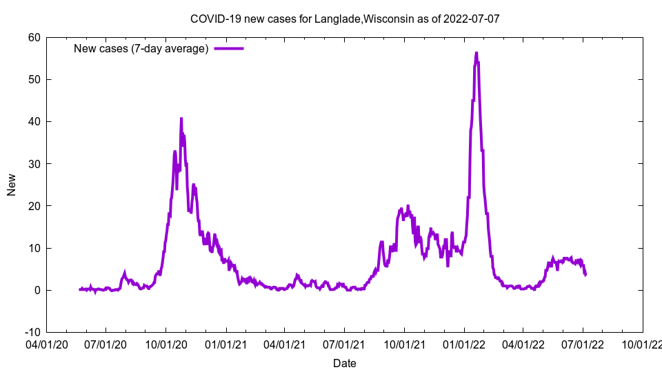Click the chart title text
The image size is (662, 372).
pyautogui.click(x=344, y=19)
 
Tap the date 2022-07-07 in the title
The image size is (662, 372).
pyautogui.click(x=472, y=19)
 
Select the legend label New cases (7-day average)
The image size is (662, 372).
pyautogui.click(x=141, y=48)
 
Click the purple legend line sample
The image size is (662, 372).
pyautogui.click(x=229, y=48)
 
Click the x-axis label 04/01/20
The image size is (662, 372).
pyautogui.click(x=46, y=342)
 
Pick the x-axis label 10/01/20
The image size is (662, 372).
pyautogui.click(x=165, y=342)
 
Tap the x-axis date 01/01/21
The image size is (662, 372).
pyautogui.click(x=225, y=342)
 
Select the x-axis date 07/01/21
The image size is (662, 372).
pyautogui.click(x=344, y=342)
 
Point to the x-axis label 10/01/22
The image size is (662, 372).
pyautogui.click(x=643, y=342)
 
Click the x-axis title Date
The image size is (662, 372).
pyautogui.click(x=344, y=363)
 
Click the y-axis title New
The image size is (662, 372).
pyautogui.click(x=12, y=185)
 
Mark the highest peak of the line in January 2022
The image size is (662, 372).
pyautogui.click(x=476, y=52)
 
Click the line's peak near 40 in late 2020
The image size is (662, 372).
pyautogui.click(x=181, y=118)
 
